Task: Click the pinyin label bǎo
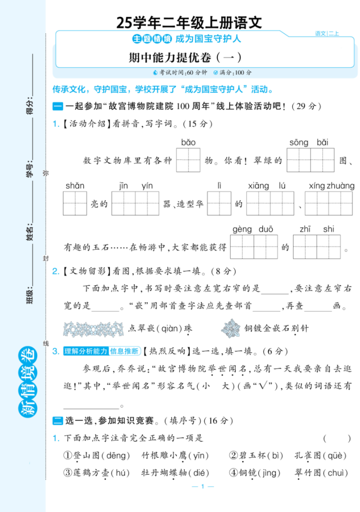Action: (188, 142)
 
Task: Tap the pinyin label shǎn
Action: (74, 186)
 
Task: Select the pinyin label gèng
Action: (242, 229)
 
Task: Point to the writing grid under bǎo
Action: (188, 160)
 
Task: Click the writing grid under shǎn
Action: (75, 204)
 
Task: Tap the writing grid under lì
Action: (219, 204)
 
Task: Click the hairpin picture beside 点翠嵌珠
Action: (93, 328)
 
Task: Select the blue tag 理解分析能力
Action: (85, 351)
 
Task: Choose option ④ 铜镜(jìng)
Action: (255, 473)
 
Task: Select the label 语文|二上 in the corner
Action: (327, 33)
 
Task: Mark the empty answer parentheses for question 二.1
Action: (332, 438)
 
